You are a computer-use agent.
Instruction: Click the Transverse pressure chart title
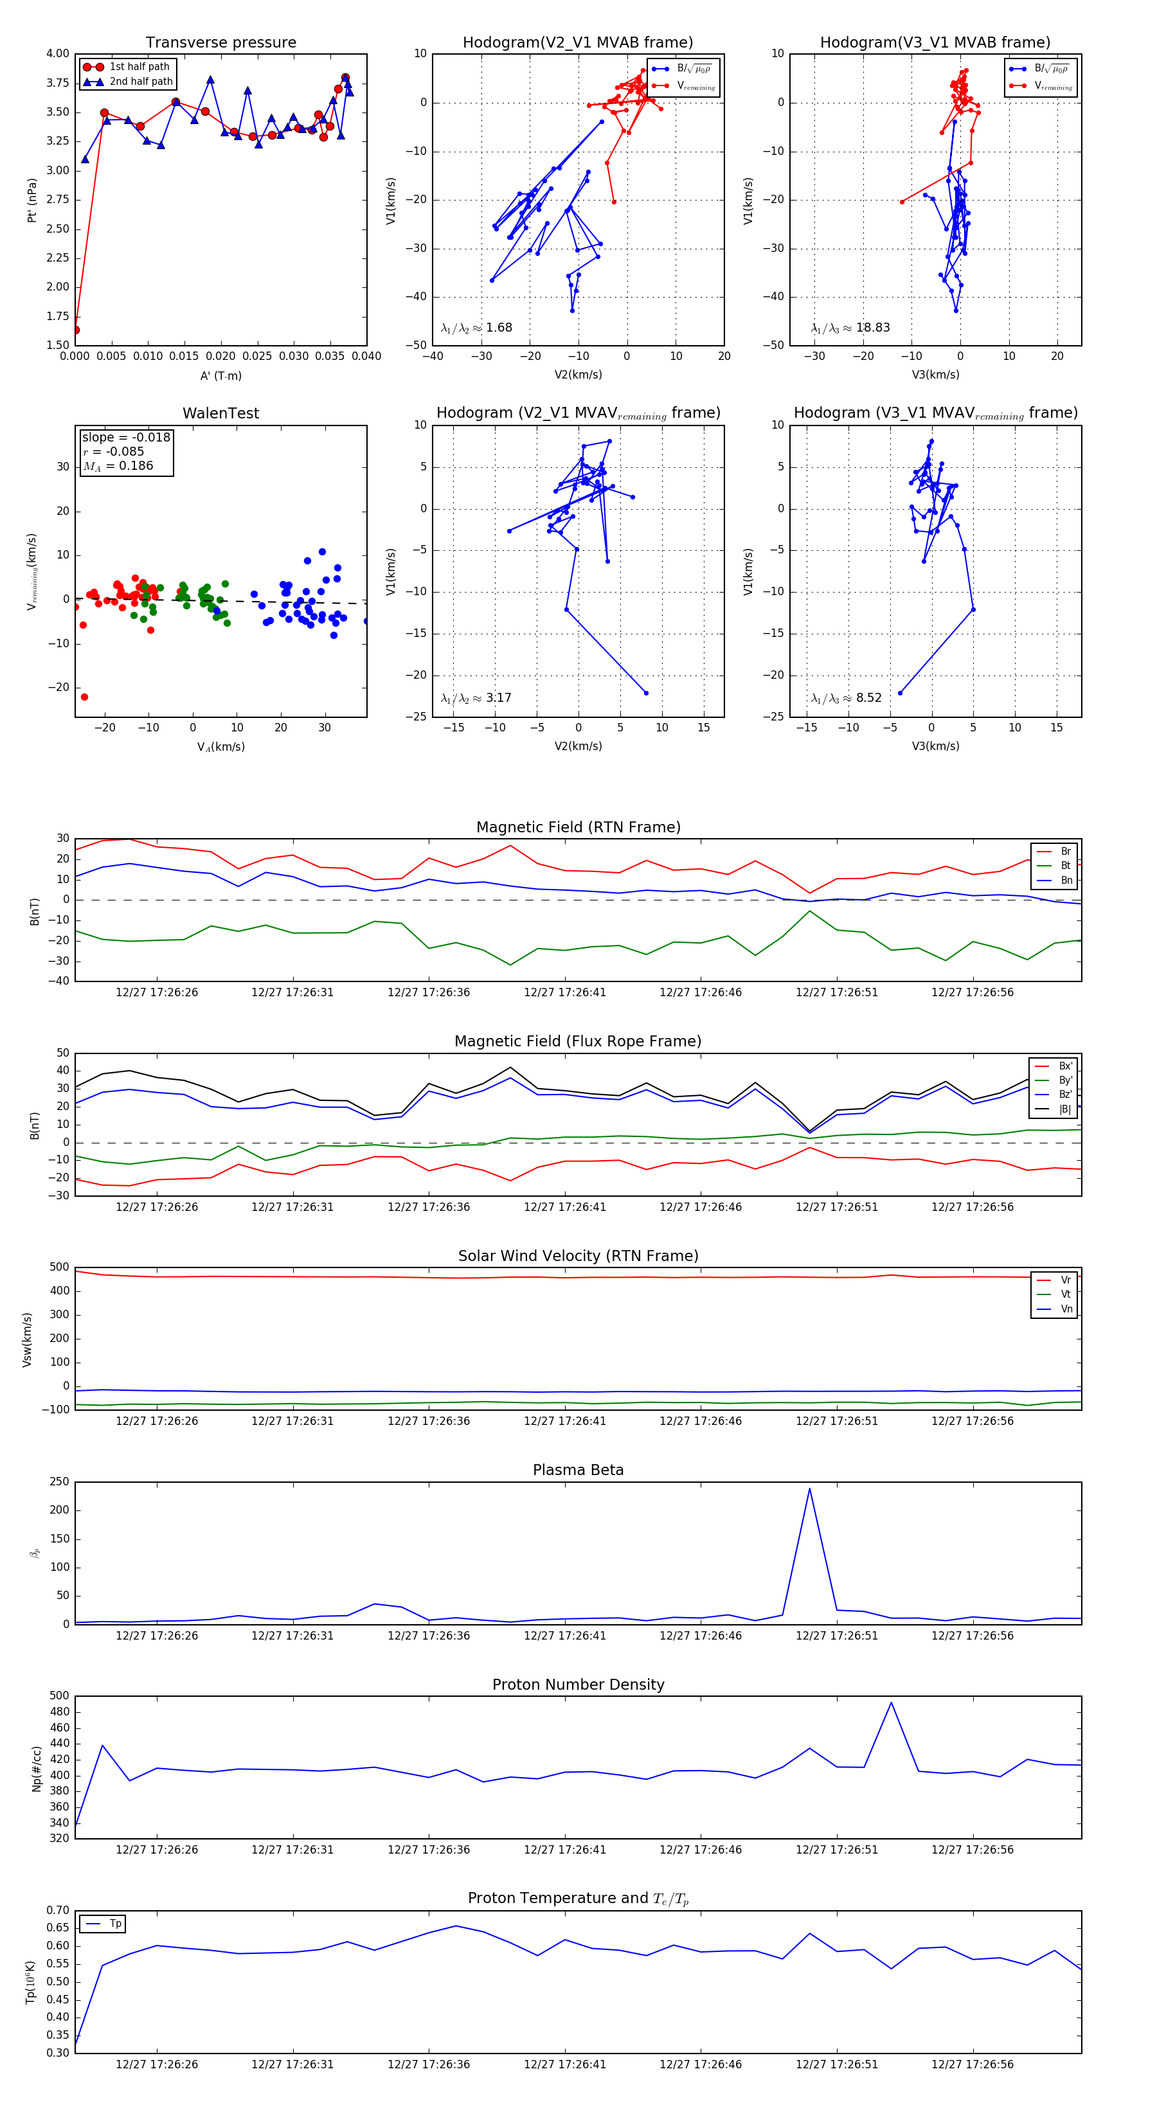click(x=220, y=43)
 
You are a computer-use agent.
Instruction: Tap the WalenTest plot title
click(x=220, y=413)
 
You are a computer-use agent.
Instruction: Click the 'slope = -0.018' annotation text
click(x=126, y=437)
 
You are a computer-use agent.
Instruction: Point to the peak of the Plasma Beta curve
click(x=809, y=1489)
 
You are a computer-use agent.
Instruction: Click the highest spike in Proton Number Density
click(x=890, y=1703)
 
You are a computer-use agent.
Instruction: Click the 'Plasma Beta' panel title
click(x=578, y=1471)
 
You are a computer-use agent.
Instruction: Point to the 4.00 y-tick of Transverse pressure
click(x=58, y=53)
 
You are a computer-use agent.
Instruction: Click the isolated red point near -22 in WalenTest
click(x=84, y=697)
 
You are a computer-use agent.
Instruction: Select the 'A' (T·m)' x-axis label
click(x=220, y=376)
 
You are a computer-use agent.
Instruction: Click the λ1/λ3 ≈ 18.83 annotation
click(x=850, y=328)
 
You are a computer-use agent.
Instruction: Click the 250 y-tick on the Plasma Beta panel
click(x=59, y=1482)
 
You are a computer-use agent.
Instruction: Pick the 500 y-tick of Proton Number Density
click(x=59, y=1696)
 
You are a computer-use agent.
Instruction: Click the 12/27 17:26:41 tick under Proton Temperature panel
click(x=565, y=2065)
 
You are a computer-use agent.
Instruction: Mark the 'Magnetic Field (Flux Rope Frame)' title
click(x=578, y=1042)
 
